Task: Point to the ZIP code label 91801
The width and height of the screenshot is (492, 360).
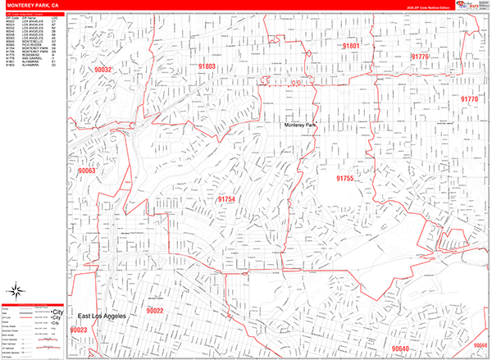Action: pyautogui.click(x=350, y=46)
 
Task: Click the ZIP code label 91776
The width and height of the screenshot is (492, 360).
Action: pyautogui.click(x=420, y=57)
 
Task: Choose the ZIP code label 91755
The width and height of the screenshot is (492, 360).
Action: pyautogui.click(x=344, y=177)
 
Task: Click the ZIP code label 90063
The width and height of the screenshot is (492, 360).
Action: pyautogui.click(x=87, y=171)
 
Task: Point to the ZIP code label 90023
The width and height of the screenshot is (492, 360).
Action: pyautogui.click(x=79, y=330)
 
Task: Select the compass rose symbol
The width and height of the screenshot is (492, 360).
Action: pyautogui.click(x=16, y=289)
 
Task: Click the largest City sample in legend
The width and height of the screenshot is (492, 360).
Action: pyautogui.click(x=57, y=312)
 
